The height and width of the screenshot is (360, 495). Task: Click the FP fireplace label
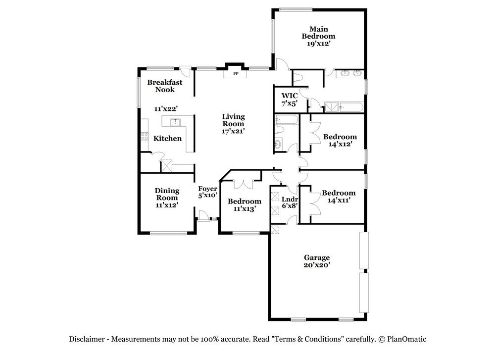[236, 74]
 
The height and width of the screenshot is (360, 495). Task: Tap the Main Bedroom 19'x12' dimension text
[318, 44]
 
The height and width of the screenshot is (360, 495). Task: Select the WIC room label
[290, 96]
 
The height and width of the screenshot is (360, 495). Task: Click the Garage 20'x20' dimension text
[317, 265]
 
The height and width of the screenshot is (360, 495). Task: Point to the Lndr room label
[290, 199]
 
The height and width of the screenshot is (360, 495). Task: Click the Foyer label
[207, 189]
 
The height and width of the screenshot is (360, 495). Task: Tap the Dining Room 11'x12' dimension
[167, 205]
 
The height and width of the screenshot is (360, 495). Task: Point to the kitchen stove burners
[144, 136]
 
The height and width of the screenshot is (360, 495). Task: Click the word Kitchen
[167, 138]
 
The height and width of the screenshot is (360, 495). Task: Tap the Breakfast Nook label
[165, 86]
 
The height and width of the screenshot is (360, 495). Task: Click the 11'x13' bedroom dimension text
[245, 209]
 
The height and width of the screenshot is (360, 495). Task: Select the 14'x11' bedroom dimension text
[339, 200]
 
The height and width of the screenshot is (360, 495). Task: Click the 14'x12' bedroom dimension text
[340, 144]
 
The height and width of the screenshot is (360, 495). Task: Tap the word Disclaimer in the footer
[87, 339]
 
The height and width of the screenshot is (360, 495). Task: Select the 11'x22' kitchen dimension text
[166, 109]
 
